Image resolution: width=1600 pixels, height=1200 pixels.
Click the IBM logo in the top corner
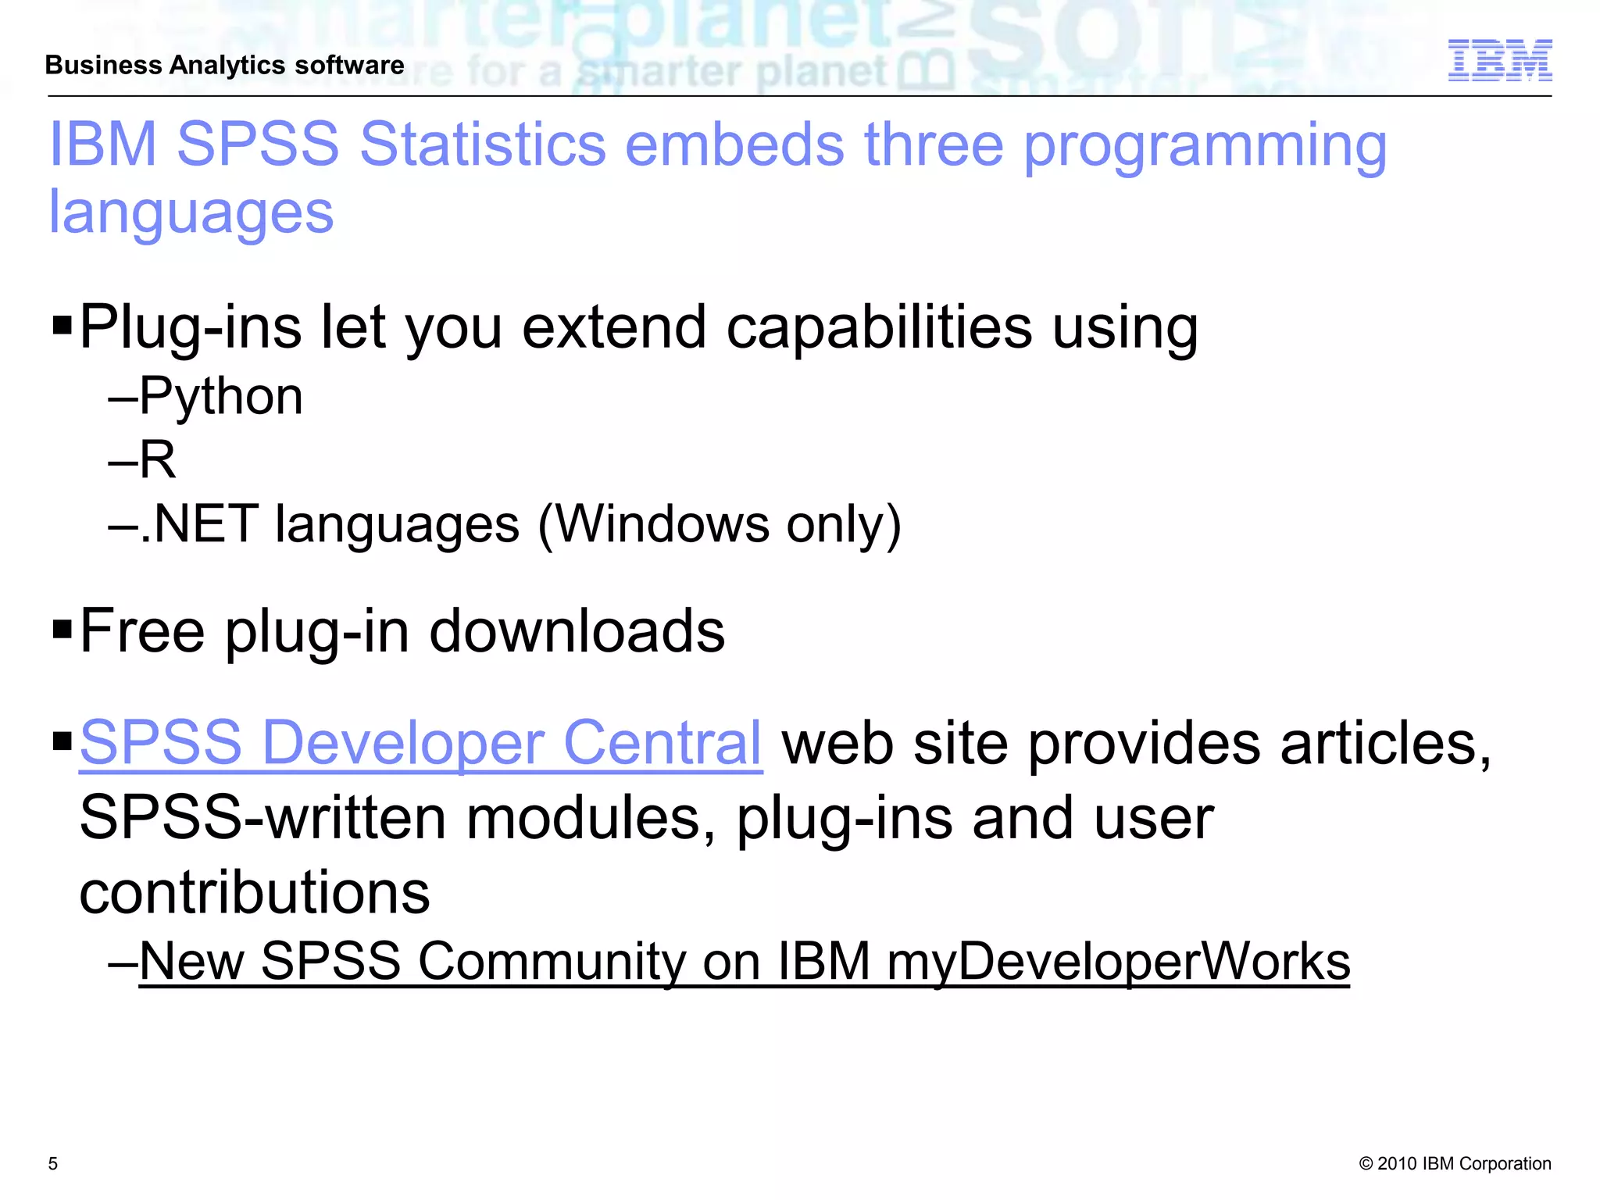click(x=1499, y=60)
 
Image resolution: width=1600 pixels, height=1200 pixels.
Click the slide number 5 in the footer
click(x=53, y=1163)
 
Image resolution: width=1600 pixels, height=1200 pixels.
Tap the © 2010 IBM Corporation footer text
click(x=1455, y=1163)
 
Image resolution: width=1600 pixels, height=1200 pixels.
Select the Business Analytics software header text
click(x=225, y=65)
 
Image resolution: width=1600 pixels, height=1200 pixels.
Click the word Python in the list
click(x=221, y=396)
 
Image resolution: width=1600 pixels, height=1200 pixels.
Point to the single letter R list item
click(x=158, y=459)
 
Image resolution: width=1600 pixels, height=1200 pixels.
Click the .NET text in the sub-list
click(x=200, y=523)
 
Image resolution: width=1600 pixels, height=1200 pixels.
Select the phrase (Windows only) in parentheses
click(x=720, y=523)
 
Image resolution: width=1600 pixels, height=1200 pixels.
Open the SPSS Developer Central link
click(x=420, y=742)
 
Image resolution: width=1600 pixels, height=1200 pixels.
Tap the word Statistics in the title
click(x=483, y=145)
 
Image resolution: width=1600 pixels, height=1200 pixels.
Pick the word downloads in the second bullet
click(x=577, y=630)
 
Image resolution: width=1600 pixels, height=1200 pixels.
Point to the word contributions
click(x=255, y=892)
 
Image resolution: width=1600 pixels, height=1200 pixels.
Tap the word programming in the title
click(x=1205, y=146)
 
